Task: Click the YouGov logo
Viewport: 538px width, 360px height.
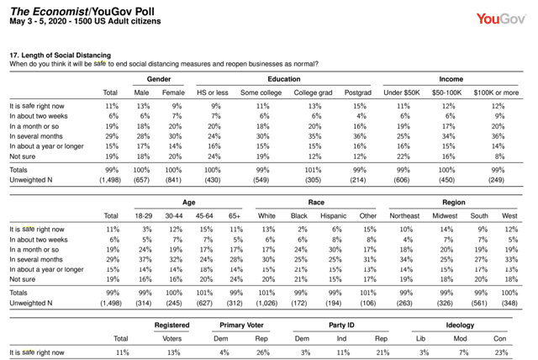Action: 501,19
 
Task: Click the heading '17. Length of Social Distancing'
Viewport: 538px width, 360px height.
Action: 60,56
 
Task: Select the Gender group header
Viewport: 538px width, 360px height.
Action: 159,79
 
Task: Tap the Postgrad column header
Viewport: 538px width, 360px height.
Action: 358,93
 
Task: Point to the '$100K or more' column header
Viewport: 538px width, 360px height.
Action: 496,93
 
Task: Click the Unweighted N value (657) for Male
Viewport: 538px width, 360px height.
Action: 141,180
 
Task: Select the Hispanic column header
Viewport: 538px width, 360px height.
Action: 333,216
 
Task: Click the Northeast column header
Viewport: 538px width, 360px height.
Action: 404,216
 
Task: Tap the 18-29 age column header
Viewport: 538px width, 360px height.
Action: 144,216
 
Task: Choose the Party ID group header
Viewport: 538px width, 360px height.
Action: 341,325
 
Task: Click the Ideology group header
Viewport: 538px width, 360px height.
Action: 460,325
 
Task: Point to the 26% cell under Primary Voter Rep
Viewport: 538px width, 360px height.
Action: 262,352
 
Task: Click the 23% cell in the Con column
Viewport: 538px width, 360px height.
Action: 501,352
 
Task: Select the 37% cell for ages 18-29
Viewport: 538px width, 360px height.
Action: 145,259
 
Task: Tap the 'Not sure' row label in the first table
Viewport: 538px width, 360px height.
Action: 23,156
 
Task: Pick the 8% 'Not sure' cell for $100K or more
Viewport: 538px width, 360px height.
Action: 499,156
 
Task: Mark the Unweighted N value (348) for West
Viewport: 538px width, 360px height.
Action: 509,303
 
